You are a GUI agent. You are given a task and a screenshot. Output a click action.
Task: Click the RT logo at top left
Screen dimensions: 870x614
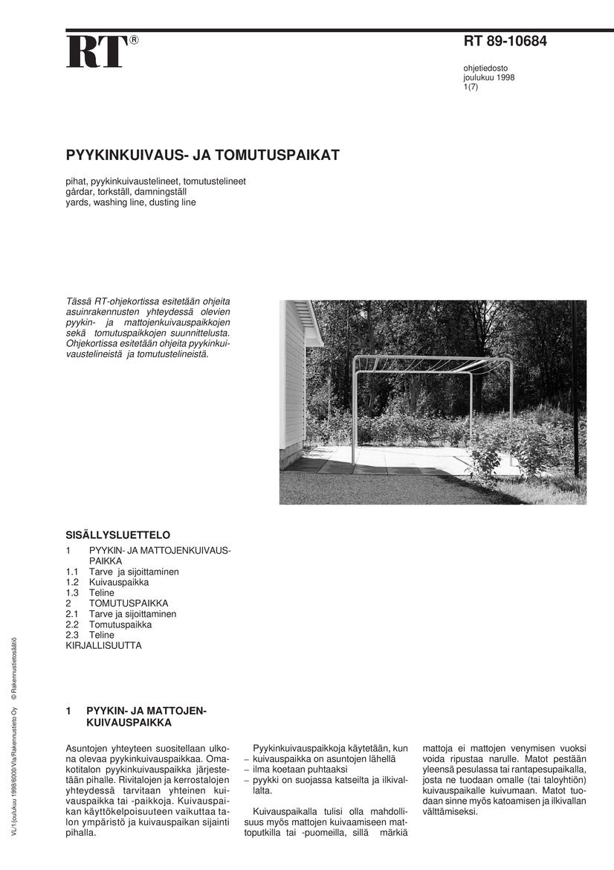(x=94, y=52)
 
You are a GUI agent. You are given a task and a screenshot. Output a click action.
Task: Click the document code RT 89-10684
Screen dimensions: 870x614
(x=505, y=42)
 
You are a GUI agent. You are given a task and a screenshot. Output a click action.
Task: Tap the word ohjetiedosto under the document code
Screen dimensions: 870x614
(x=485, y=68)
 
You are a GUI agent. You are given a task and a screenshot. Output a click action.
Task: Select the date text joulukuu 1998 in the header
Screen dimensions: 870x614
(x=488, y=77)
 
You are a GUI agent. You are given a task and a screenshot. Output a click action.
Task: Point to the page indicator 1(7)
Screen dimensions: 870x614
(x=471, y=87)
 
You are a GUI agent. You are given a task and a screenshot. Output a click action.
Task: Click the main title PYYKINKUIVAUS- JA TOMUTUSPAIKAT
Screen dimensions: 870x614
(x=202, y=156)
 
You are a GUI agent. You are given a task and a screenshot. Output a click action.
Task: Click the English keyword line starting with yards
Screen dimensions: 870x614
(x=131, y=202)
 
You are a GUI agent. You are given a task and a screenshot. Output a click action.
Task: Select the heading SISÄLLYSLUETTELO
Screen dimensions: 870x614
(x=118, y=535)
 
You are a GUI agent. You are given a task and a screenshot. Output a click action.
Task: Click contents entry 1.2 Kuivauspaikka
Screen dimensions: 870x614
(x=107, y=582)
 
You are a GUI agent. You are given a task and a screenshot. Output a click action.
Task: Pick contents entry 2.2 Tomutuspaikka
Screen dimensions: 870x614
(x=109, y=624)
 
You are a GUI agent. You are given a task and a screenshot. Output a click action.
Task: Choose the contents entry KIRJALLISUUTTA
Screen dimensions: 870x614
(x=103, y=645)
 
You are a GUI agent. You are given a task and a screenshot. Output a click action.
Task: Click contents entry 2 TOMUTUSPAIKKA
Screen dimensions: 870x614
(x=117, y=603)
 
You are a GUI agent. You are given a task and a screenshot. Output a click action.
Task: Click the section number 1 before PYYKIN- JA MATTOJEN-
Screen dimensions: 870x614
(x=69, y=711)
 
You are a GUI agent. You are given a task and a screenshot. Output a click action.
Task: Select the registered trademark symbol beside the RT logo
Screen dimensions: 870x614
(x=133, y=40)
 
